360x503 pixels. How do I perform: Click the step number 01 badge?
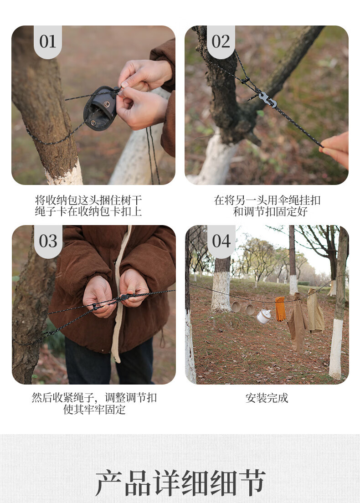(47, 42)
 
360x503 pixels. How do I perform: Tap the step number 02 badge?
(221, 42)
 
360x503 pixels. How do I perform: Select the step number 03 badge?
(48, 241)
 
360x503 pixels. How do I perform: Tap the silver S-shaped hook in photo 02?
(267, 99)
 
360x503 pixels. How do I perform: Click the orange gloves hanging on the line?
(280, 308)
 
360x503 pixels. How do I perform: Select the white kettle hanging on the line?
(263, 316)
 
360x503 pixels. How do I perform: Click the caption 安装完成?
(267, 398)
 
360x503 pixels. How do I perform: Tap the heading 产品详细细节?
(180, 482)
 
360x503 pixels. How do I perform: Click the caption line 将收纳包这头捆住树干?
(88, 200)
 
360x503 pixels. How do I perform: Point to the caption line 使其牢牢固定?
(94, 410)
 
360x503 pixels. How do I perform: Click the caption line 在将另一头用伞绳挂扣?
(267, 200)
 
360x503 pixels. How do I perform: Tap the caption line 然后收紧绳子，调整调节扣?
(94, 398)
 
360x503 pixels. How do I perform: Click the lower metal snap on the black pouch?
(93, 123)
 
